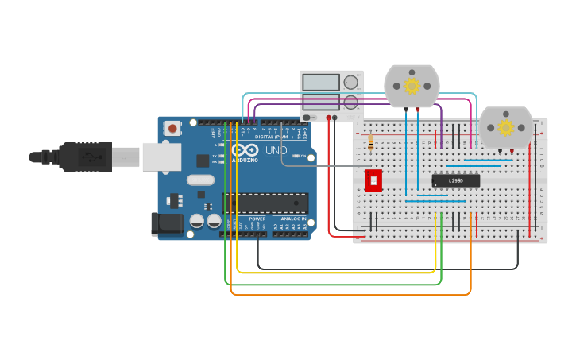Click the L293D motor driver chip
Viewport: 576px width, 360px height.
tap(455, 180)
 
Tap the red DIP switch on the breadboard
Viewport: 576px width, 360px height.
tap(373, 180)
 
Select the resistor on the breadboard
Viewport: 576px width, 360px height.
tap(371, 141)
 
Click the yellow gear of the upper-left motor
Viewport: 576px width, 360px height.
tap(412, 85)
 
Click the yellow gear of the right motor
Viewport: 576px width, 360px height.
tap(505, 127)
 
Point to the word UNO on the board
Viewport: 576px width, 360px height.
tap(276, 150)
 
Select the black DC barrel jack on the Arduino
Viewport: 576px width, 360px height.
tap(167, 223)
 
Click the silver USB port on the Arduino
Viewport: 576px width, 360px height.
tap(161, 157)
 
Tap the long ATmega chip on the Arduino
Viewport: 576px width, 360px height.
tap(265, 203)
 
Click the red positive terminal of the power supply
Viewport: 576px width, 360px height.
tap(328, 118)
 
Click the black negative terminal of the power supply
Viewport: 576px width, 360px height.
tap(334, 118)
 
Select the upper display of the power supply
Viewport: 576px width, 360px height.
tap(321, 82)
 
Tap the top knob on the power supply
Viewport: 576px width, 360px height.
tap(350, 82)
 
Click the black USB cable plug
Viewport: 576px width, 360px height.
tap(83, 157)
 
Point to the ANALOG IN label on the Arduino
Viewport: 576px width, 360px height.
tap(290, 219)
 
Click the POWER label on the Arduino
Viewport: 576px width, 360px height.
tap(257, 219)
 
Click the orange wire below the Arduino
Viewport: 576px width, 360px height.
tap(350, 294)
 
